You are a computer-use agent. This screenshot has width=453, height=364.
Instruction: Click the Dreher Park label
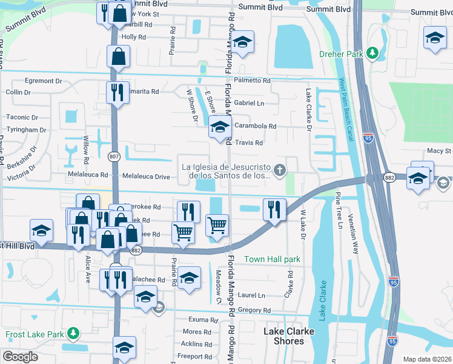pyautogui.click(x=340, y=54)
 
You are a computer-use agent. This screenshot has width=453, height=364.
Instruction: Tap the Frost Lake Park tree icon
pyautogui.click(x=73, y=334)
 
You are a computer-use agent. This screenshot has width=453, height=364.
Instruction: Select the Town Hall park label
pyautogui.click(x=272, y=259)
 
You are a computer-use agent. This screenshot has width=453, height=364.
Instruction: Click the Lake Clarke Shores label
pyautogui.click(x=284, y=336)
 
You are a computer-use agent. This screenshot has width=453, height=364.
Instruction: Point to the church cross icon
pyautogui.click(x=280, y=170)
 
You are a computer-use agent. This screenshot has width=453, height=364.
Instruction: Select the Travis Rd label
pyautogui.click(x=248, y=143)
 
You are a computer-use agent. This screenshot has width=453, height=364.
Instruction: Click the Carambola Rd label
pyautogui.click(x=255, y=127)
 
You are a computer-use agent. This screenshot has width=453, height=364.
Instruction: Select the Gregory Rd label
pyautogui.click(x=254, y=310)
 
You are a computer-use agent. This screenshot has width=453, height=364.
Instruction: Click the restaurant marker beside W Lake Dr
pyautogui.click(x=274, y=209)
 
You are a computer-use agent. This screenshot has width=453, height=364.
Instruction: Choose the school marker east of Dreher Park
pyautogui.click(x=435, y=38)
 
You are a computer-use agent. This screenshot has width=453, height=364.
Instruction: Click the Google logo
pyautogui.click(x=19, y=356)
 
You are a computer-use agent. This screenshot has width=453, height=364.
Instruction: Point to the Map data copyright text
pyautogui.click(x=426, y=359)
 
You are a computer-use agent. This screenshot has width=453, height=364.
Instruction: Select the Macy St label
pyautogui.click(x=440, y=150)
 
